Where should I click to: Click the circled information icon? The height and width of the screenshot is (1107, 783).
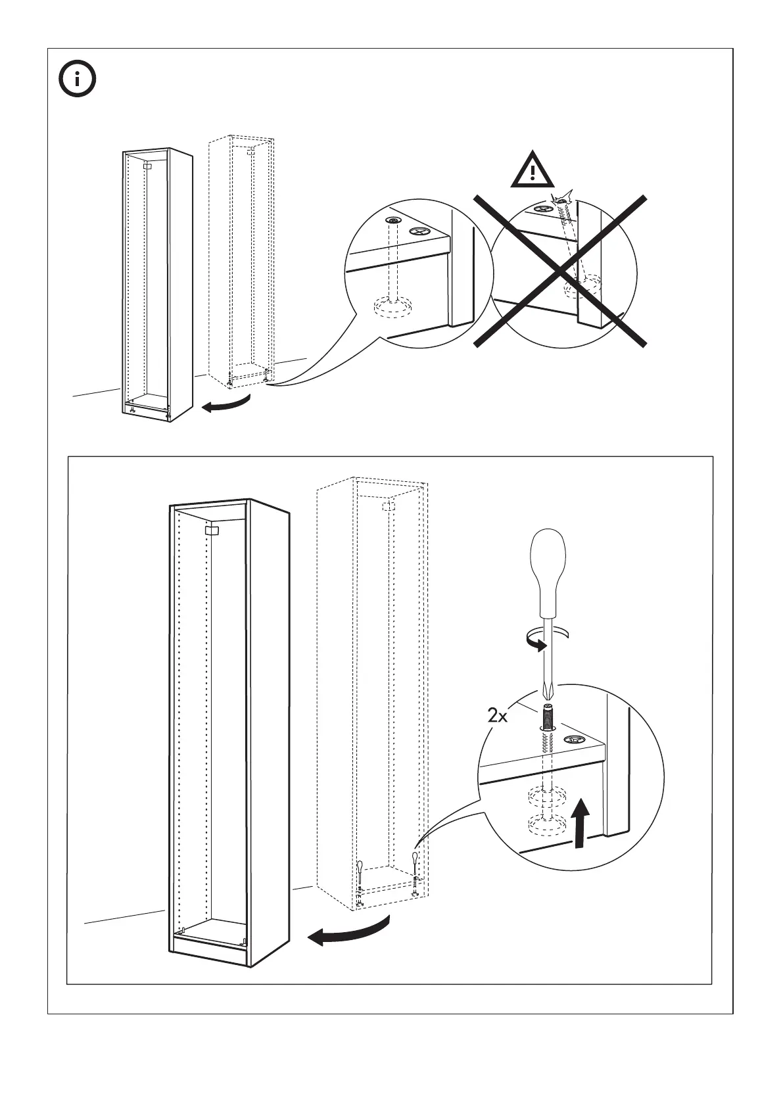pyautogui.click(x=78, y=80)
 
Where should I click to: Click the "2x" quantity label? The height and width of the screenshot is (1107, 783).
pyautogui.click(x=498, y=716)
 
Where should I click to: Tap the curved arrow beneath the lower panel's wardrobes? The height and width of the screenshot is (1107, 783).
pyautogui.click(x=348, y=933)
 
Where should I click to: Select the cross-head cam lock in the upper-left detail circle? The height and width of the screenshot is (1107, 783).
pyautogui.click(x=419, y=231)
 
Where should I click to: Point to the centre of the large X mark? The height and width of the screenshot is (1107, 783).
pyautogui.click(x=559, y=270)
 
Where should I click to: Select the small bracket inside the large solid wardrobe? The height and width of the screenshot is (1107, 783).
pyautogui.click(x=212, y=530)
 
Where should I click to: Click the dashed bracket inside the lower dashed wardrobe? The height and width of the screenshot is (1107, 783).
pyautogui.click(x=388, y=507)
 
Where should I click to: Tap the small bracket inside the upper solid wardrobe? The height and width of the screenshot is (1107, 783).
pyautogui.click(x=147, y=167)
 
